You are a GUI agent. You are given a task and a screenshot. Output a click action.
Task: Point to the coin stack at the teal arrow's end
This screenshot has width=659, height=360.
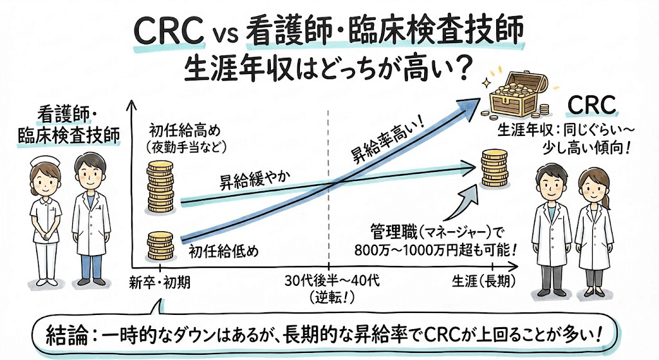click(x=496, y=167)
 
